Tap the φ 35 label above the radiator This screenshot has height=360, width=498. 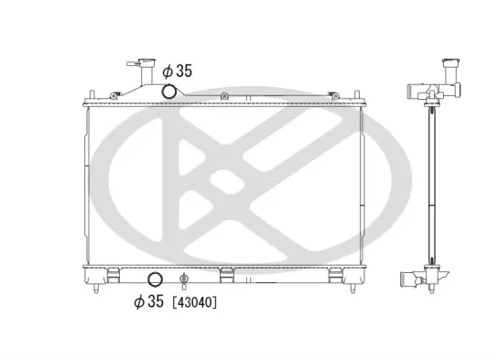coord(178,71)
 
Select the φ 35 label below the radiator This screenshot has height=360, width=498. coord(148,301)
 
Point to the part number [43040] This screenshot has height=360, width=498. coord(194,302)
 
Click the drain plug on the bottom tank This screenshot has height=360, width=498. coord(184,279)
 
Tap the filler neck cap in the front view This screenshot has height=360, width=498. coord(147,61)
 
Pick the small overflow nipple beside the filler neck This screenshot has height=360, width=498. coord(133,63)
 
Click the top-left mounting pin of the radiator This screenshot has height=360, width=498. coord(92,95)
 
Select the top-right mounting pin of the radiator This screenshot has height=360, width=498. coord(357,95)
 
